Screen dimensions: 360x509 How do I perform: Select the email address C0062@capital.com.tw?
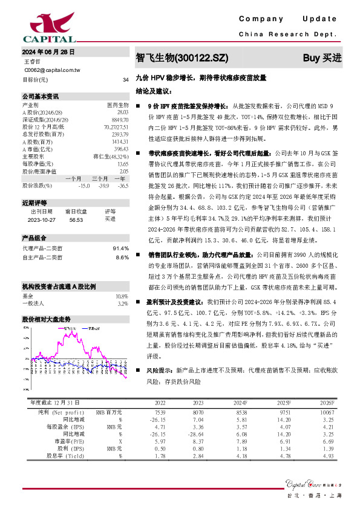[x=52, y=70]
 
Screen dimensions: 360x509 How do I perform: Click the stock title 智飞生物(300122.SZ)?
[x=182, y=58]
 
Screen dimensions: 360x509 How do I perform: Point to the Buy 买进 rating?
[x=322, y=58]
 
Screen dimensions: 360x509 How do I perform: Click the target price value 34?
[x=125, y=80]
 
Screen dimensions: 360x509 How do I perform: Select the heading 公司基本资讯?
[x=41, y=97]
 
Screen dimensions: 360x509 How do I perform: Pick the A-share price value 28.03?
[x=122, y=112]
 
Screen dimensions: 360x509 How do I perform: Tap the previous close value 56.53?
[x=76, y=219]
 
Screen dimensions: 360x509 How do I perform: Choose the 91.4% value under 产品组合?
[x=121, y=248]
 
